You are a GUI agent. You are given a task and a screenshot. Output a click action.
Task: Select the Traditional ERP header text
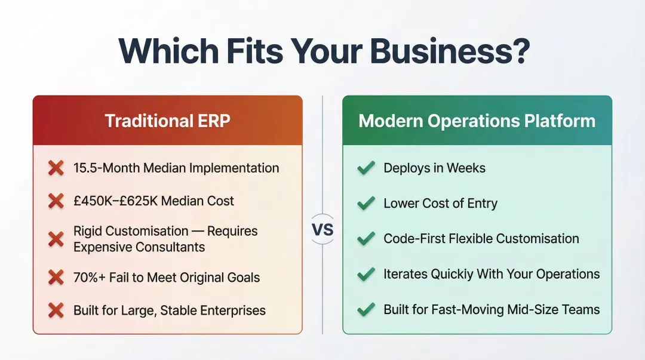[167, 121]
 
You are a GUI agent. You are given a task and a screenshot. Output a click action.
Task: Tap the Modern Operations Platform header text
[477, 121]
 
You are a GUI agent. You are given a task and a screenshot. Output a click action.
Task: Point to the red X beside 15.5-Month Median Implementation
[56, 168]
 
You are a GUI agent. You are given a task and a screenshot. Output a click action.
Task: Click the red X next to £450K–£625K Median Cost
[56, 201]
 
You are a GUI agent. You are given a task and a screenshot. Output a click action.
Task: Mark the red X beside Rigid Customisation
[56, 239]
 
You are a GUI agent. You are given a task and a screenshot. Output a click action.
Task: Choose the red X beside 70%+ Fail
[56, 277]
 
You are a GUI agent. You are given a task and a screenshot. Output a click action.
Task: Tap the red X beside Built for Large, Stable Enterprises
[56, 310]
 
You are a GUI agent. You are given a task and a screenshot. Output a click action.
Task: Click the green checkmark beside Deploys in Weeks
[365, 168]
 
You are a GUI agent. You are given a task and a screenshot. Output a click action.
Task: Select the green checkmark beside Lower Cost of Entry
[365, 204]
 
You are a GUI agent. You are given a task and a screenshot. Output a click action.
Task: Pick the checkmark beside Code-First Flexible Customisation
[365, 239]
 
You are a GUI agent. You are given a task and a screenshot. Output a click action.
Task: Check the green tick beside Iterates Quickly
[365, 275]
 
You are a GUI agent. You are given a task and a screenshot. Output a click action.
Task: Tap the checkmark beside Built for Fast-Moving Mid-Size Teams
[365, 310]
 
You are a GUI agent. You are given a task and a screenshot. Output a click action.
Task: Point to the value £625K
[145, 201]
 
